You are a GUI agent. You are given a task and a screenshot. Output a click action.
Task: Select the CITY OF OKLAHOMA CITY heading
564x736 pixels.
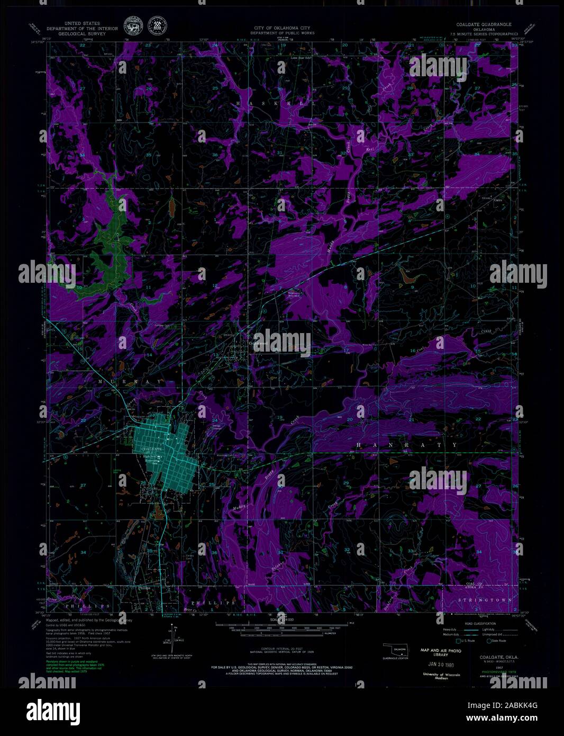(282, 27)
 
